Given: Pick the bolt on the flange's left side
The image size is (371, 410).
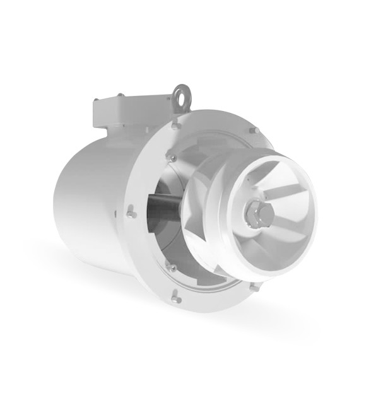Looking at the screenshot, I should (x=131, y=213).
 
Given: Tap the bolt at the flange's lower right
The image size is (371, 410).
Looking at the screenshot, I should (x=254, y=287).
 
